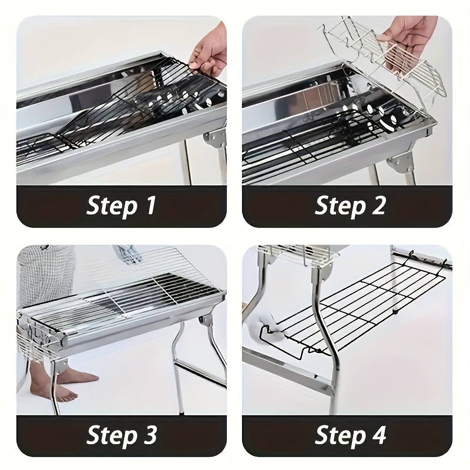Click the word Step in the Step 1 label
coord(111,206)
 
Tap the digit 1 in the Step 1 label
coord(150,205)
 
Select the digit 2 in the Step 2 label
coord(377,205)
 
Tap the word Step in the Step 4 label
coord(340,435)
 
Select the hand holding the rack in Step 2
coord(408,45)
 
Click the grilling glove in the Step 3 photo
coord(128,255)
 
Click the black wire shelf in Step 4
coord(354,309)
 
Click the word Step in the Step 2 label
coord(340,206)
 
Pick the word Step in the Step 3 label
coord(111,435)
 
